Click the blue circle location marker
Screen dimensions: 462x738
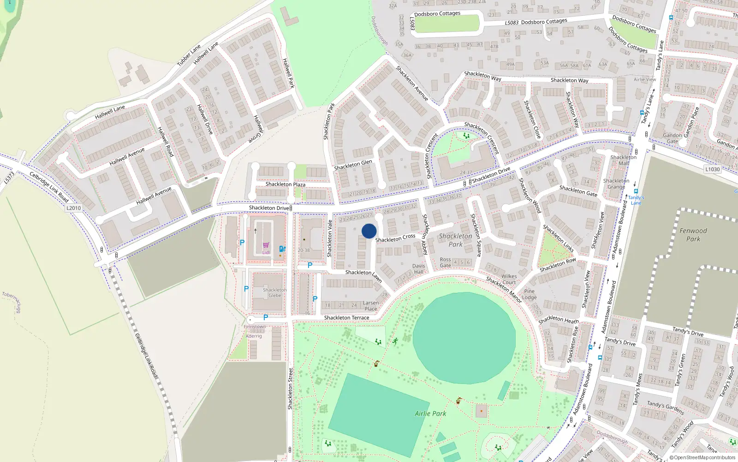pos(369,231)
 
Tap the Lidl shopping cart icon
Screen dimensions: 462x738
pos(266,245)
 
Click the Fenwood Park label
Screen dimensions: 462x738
pos(693,235)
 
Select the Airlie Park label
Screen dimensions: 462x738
pos(430,413)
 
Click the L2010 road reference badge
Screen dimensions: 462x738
pos(73,208)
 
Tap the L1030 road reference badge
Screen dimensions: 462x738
pos(712,169)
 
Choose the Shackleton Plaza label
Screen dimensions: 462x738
pos(285,184)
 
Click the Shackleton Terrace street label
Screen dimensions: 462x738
pos(346,318)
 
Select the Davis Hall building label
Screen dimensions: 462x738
pos(418,269)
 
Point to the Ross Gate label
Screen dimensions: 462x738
pos(445,262)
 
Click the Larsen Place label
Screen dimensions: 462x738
pos(371,306)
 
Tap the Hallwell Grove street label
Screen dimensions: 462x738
pos(258,129)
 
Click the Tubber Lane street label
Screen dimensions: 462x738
pos(189,55)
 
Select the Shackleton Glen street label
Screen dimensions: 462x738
pos(353,165)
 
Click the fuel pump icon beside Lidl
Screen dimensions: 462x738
pos(282,249)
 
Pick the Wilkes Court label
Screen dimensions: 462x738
pos(509,279)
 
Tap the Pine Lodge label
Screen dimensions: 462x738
pos(529,294)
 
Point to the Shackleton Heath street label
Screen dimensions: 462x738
pos(559,320)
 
